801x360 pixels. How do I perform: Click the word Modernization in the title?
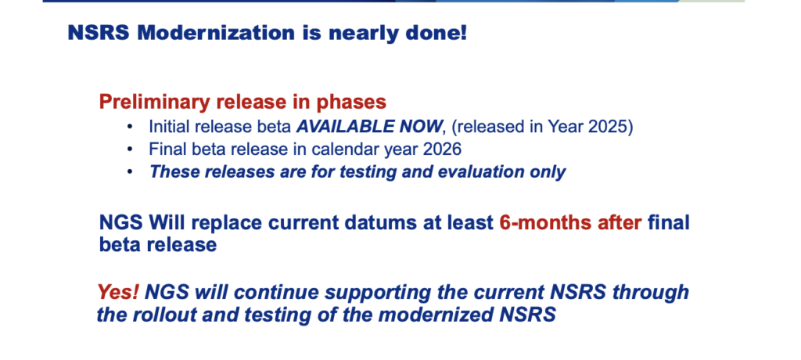(216, 33)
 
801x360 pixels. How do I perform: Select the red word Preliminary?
(154, 103)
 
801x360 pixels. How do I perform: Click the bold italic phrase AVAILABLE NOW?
(368, 126)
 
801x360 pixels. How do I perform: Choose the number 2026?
(440, 149)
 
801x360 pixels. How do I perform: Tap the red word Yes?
(118, 292)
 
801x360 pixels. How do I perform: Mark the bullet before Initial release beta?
(131, 126)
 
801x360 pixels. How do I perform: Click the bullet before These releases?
(131, 172)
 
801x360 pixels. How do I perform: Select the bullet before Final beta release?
(131, 149)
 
